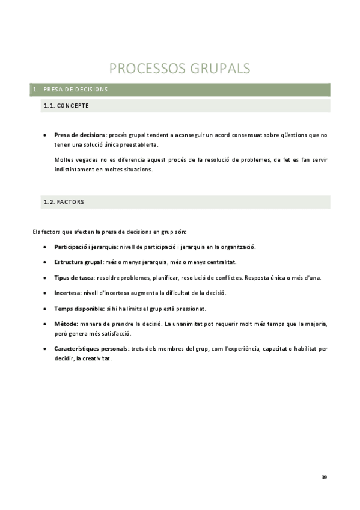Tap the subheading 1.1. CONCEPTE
(66, 106)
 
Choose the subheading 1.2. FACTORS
(64, 202)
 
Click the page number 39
(324, 477)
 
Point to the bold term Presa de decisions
(80, 135)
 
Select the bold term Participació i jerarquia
(85, 247)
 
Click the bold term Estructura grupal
(78, 262)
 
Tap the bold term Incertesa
(67, 293)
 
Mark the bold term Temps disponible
(79, 309)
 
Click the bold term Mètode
(66, 324)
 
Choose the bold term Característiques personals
(91, 349)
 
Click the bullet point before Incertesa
(46, 293)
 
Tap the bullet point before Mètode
(46, 325)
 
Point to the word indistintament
(74, 169)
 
